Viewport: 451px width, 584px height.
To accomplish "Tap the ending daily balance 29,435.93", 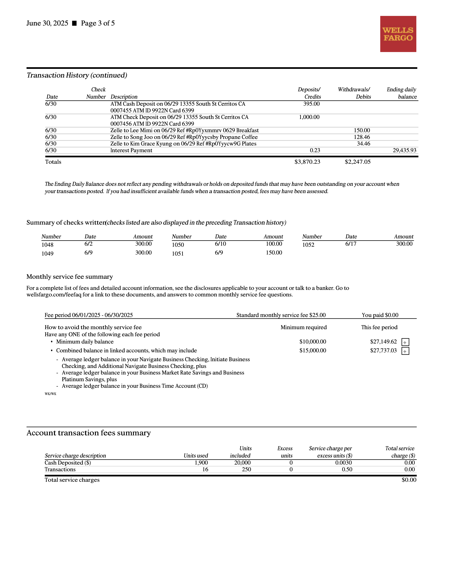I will (x=404, y=150).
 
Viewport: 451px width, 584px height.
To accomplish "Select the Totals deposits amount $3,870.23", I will (x=307, y=162).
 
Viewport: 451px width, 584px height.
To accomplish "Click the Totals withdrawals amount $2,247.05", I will (x=357, y=162).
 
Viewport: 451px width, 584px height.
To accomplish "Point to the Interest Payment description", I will (x=131, y=150).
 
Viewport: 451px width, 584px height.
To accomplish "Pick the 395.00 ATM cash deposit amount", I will (x=311, y=104).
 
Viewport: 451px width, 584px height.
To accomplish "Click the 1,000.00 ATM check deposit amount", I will (x=309, y=117).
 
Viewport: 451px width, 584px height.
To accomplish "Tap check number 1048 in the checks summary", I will (x=47, y=245).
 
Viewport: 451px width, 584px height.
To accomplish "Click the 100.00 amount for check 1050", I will (x=274, y=244).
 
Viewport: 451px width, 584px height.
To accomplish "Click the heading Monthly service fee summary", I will (x=70, y=276).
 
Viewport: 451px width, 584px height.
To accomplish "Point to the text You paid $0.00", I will (x=380, y=315).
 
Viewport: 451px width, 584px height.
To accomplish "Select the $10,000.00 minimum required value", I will (x=313, y=342).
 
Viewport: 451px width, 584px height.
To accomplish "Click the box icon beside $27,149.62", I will (x=405, y=342).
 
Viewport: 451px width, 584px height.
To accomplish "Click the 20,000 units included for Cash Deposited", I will (x=242, y=463).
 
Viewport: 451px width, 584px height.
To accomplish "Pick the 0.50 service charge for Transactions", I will (x=347, y=469).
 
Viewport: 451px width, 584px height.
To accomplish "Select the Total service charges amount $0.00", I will (x=409, y=480).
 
